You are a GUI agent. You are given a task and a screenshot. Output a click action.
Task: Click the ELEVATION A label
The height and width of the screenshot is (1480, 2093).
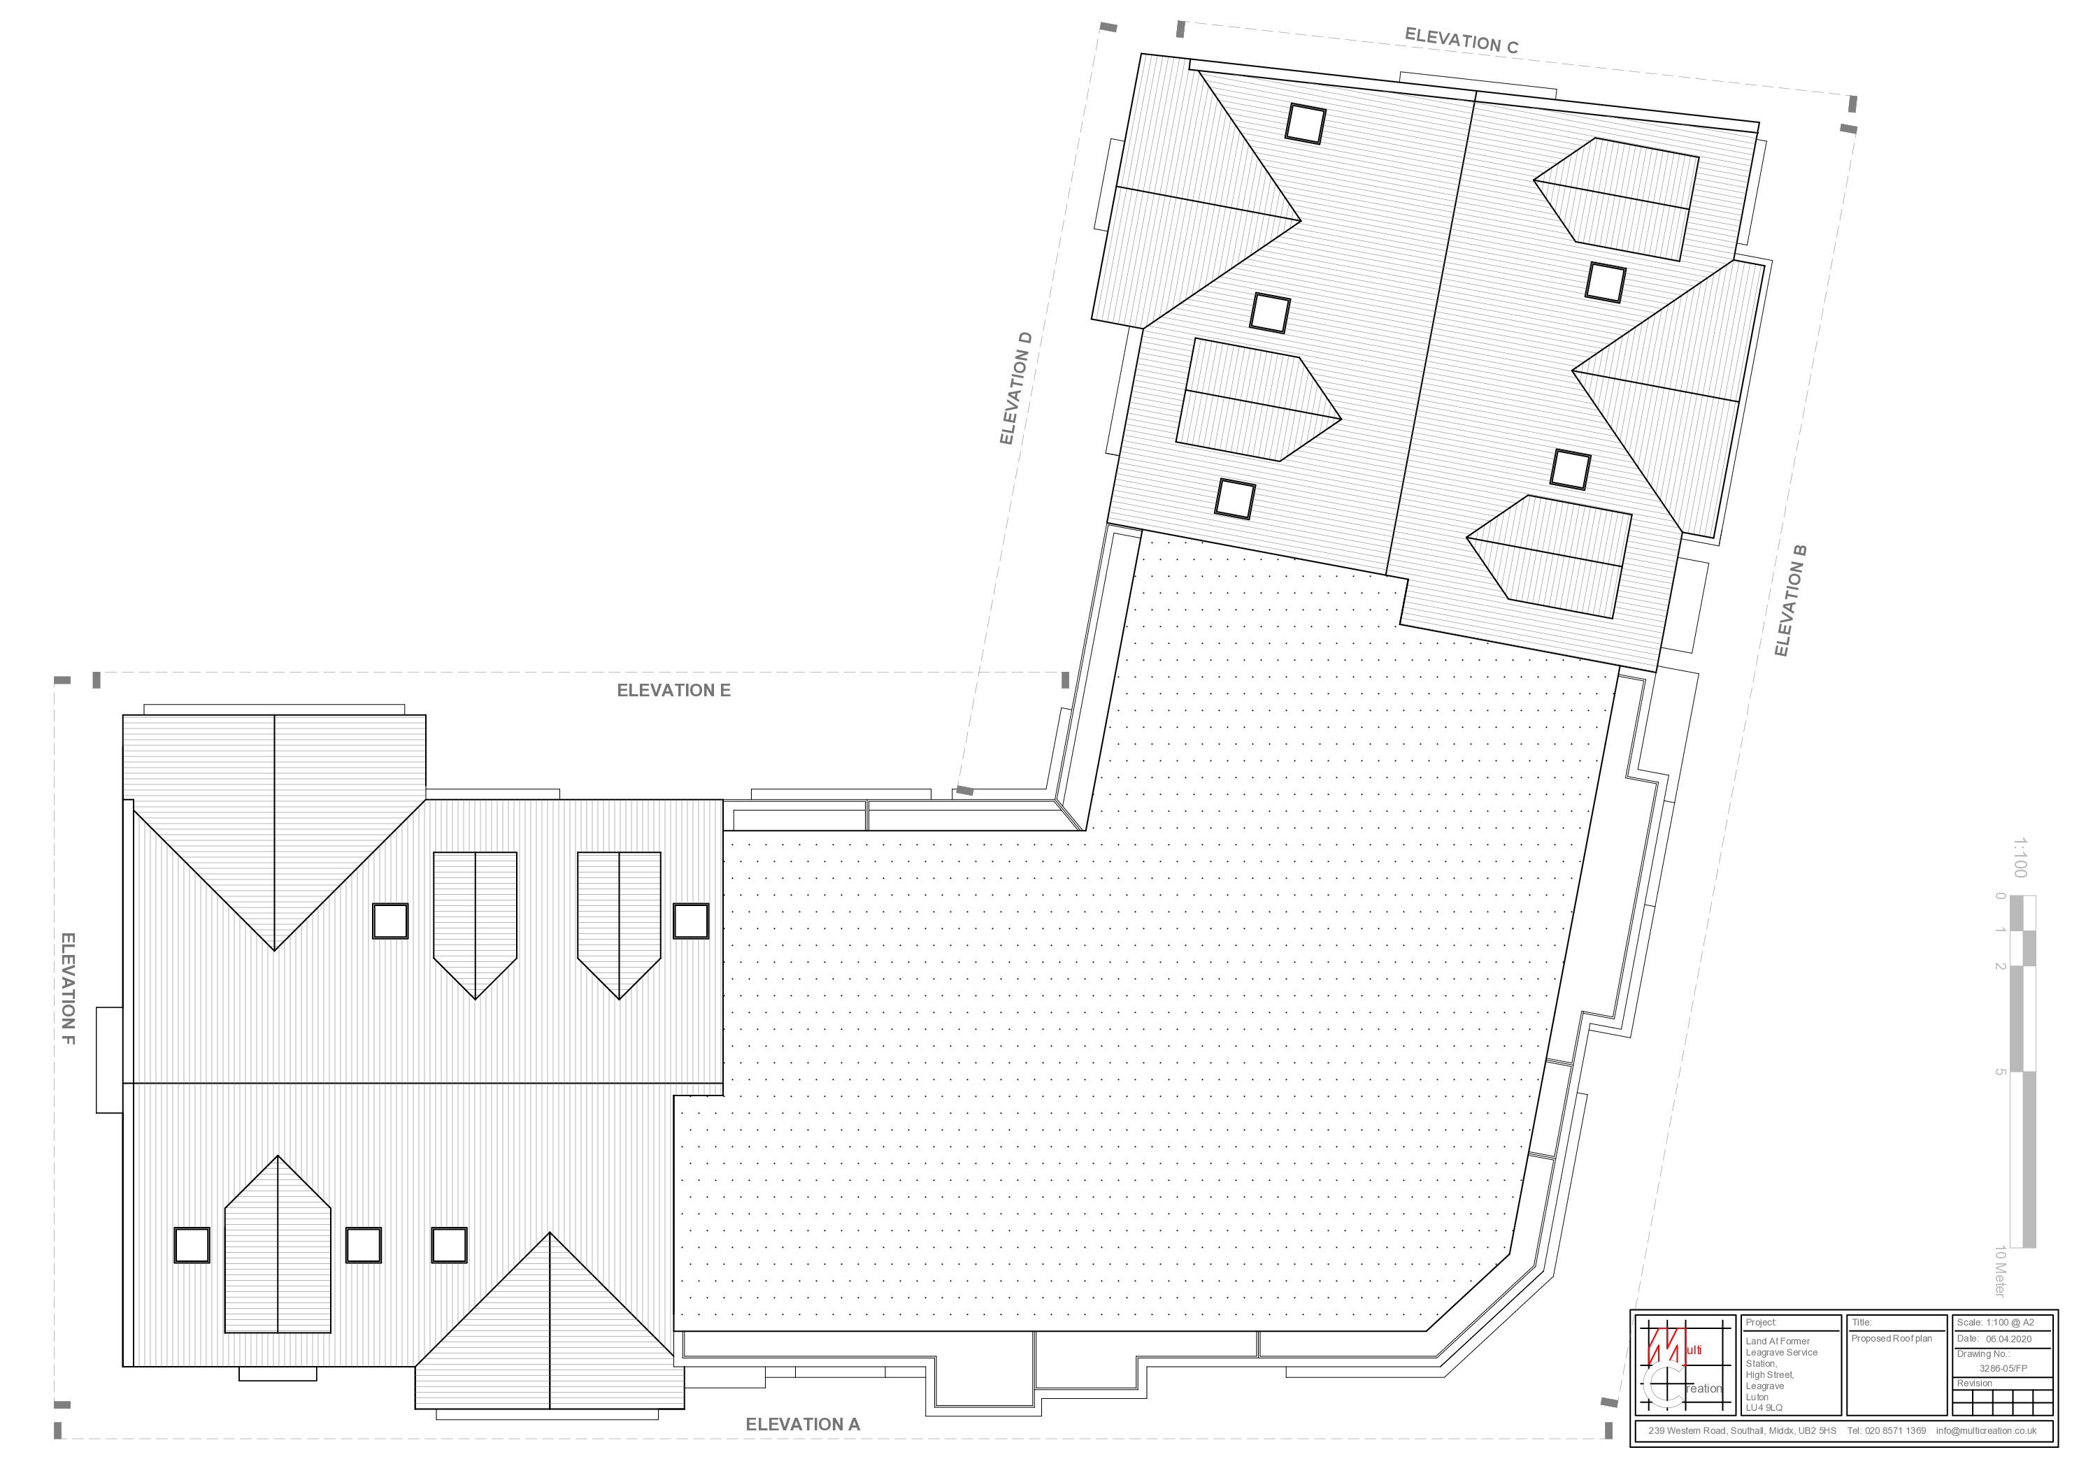coord(802,1424)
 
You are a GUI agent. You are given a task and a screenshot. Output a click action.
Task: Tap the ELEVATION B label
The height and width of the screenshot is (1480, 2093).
coord(1790,601)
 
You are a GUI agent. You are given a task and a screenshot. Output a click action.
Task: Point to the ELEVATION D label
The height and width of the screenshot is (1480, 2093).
coord(1015,388)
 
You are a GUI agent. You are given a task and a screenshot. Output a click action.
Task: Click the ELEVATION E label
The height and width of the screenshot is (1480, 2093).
coord(673,691)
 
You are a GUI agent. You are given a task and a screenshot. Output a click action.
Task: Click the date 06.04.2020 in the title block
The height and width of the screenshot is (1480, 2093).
coord(2008,1339)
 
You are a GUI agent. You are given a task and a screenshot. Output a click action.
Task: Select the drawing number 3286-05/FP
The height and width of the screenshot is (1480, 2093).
coord(2003,1368)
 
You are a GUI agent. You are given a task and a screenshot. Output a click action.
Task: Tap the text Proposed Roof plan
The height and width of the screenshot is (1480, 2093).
coord(1892,1339)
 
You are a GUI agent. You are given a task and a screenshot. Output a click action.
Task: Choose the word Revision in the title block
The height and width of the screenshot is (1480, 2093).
coord(1975,1384)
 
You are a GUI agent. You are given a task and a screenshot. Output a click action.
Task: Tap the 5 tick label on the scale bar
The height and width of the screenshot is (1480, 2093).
coord(2000,1072)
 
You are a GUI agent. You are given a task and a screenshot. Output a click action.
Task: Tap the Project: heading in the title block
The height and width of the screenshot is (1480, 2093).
coord(1761,1322)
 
